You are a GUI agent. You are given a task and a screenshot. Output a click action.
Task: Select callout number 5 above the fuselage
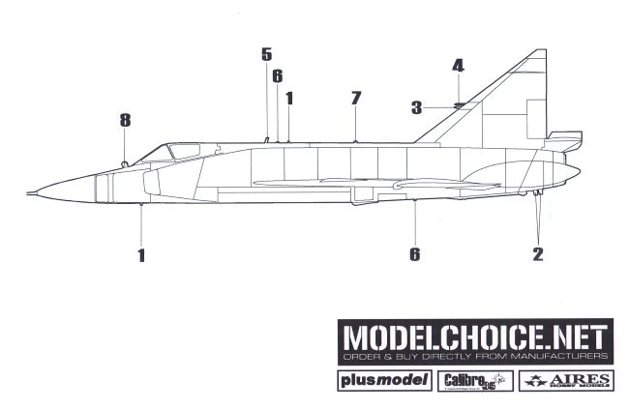266,54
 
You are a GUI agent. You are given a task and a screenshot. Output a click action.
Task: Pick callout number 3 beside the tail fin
416,107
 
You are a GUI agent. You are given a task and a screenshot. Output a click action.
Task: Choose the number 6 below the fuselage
414,254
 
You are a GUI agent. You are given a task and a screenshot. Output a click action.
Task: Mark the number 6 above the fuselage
277,75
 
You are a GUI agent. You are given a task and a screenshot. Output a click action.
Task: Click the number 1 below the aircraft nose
141,255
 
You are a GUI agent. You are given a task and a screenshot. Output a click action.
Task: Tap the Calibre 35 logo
468,380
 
